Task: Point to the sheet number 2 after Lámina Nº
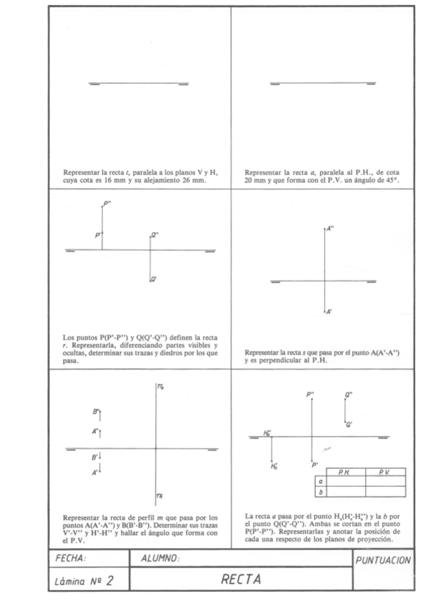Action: pos(111,580)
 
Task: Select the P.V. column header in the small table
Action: pos(384,472)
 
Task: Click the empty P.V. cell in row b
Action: pos(385,492)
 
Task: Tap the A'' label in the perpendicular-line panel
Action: pos(329,229)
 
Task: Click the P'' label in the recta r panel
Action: pos(107,204)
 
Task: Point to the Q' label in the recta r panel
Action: pos(154,281)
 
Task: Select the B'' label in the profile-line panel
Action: pos(96,411)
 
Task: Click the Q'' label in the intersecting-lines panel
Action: pos(349,394)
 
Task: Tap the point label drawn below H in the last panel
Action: pos(274,467)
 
